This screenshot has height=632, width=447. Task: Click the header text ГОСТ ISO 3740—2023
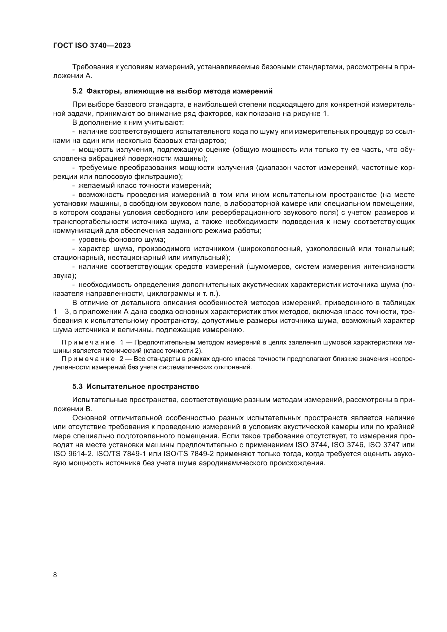92,46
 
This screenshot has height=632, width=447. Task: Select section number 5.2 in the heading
77,91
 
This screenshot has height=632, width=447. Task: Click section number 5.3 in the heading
77,386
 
